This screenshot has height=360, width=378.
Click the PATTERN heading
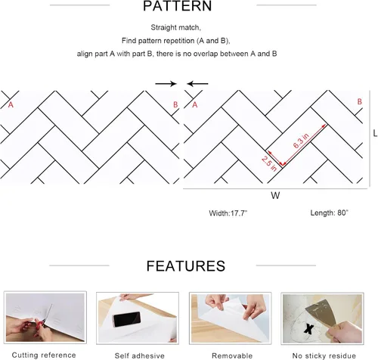coord(178,6)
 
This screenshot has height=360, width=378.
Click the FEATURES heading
coord(186,266)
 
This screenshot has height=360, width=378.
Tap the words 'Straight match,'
coord(175,27)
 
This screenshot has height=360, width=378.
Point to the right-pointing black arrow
coord(166,84)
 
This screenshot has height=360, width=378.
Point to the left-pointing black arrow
coord(197,84)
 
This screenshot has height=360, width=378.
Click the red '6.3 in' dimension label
coord(301,141)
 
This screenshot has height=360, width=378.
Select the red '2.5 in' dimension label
coord(269,163)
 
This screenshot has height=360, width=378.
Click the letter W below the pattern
coord(275,195)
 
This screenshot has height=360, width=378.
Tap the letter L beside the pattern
coord(375,133)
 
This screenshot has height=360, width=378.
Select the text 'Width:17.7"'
coord(228,213)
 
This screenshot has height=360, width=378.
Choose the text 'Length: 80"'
coord(329,213)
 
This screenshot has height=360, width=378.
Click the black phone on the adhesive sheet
coord(127,319)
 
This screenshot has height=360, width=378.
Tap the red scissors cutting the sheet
coord(45,318)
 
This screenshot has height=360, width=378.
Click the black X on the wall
coord(308,329)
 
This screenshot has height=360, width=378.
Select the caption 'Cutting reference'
coord(44,355)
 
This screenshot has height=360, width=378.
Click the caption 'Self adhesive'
coord(140,355)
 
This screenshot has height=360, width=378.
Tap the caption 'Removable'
coord(232,355)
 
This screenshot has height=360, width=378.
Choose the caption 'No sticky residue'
coord(324,355)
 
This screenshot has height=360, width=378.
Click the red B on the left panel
coord(175,104)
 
